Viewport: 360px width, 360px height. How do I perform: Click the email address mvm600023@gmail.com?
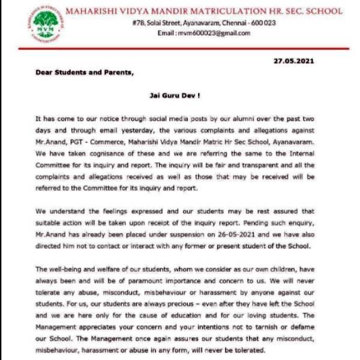[x=212, y=33]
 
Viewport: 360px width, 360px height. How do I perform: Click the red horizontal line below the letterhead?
[x=180, y=48]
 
